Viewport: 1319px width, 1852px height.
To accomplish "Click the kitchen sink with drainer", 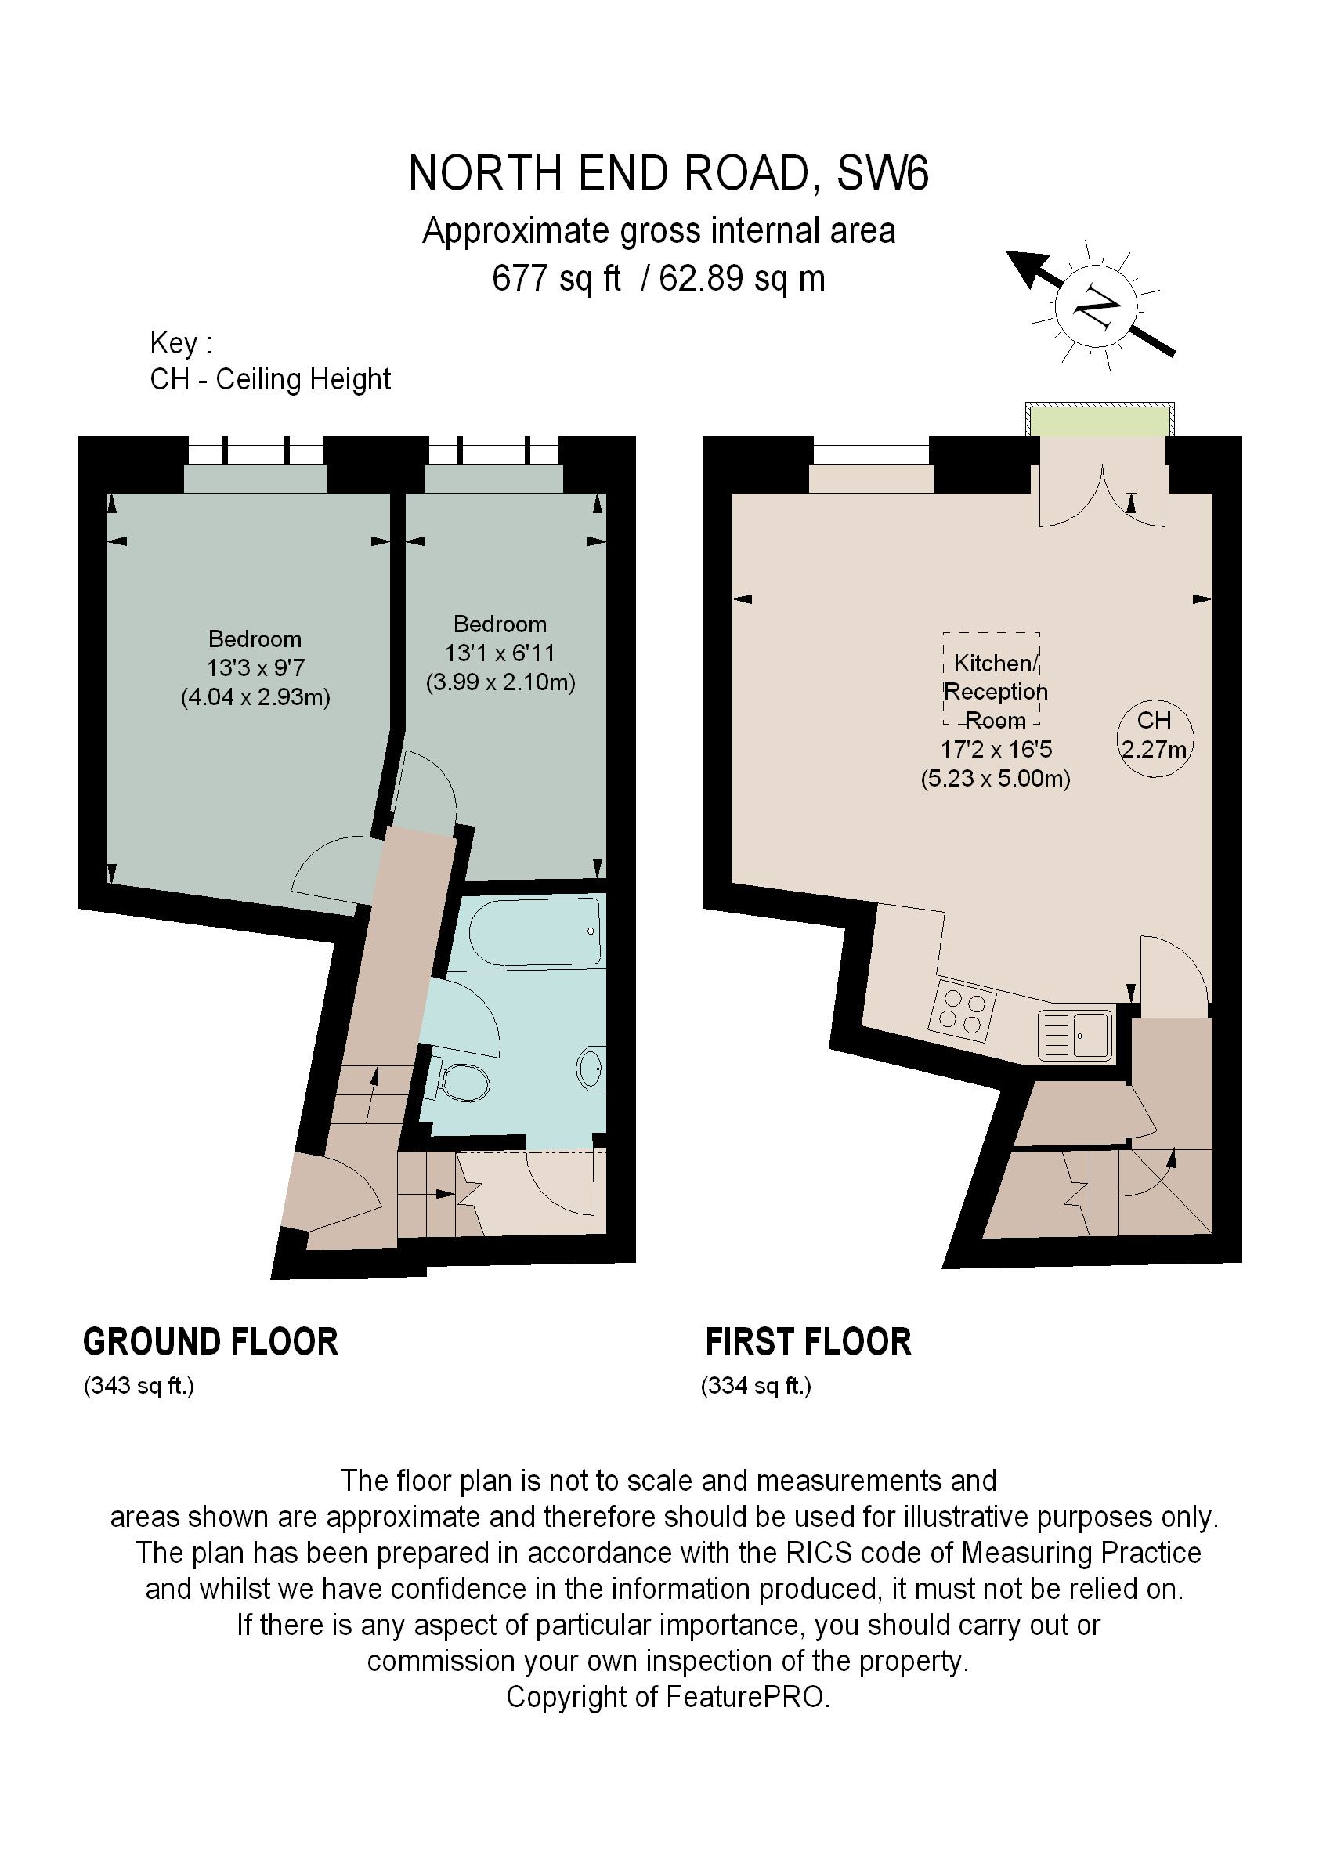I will [1075, 1036].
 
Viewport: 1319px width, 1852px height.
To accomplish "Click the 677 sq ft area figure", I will [555, 279].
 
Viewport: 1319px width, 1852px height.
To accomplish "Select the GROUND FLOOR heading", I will [211, 1342].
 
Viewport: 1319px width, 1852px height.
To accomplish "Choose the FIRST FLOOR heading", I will [808, 1342].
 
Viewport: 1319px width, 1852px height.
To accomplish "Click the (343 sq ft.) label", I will [139, 1386].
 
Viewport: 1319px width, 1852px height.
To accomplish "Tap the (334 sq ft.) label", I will [756, 1386].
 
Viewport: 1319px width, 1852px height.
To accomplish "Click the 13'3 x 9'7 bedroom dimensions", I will [255, 667].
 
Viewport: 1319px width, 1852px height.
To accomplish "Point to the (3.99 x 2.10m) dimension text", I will [500, 682].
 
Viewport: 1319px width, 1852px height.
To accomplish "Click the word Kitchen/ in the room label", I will [995, 663].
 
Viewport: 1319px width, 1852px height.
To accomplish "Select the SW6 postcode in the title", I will [882, 173].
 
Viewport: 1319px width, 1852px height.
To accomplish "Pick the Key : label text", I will [180, 344].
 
